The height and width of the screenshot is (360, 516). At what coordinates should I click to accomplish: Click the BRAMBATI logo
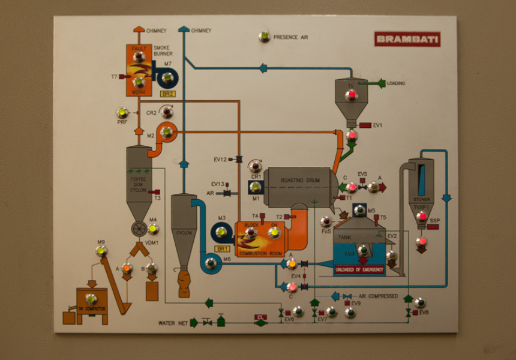click(x=407, y=40)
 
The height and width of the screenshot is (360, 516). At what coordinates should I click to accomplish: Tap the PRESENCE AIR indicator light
click(x=264, y=37)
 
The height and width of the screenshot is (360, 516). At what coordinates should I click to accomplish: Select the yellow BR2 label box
click(x=167, y=94)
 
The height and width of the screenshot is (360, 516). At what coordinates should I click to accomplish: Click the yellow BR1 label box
click(x=222, y=248)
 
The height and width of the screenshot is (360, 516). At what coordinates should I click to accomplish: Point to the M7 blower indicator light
click(x=167, y=77)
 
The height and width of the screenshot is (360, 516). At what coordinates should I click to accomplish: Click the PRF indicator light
click(x=122, y=113)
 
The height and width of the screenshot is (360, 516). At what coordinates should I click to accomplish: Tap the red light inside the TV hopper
click(x=352, y=94)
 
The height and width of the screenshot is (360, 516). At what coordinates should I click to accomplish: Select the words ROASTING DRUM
click(x=301, y=180)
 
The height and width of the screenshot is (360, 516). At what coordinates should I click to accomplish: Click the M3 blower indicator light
click(x=221, y=232)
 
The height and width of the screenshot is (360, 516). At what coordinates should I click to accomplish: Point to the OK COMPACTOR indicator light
click(x=91, y=299)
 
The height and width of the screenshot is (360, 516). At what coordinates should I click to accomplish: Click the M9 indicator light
click(x=101, y=251)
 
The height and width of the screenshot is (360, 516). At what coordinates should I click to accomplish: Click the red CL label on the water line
click(x=260, y=317)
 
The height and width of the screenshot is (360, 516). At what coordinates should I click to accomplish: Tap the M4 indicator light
click(x=153, y=229)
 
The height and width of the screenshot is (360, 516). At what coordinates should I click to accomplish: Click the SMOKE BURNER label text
click(x=163, y=50)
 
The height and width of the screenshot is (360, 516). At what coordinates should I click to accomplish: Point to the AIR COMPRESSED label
click(x=378, y=296)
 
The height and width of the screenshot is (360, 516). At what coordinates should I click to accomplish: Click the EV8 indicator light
click(x=420, y=303)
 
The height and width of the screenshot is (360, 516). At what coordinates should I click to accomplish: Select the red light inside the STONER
click(x=422, y=217)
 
